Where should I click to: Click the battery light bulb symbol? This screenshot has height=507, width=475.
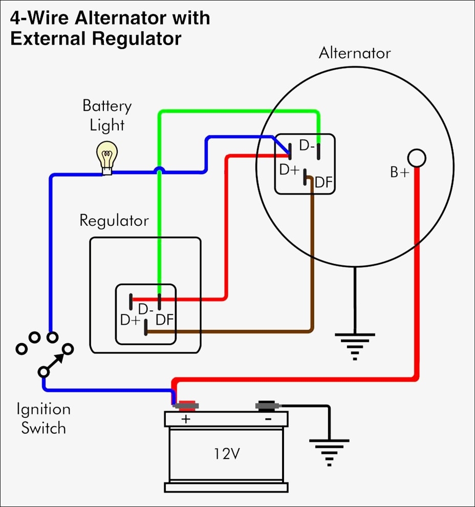[107, 156]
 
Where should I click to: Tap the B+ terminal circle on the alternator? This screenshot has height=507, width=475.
[417, 158]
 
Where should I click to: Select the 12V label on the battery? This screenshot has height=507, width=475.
[226, 454]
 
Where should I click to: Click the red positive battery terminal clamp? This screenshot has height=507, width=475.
[187, 406]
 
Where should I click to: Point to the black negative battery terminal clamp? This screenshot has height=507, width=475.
[267, 406]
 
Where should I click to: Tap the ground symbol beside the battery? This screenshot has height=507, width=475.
[329, 451]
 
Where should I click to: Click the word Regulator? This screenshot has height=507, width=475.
[114, 221]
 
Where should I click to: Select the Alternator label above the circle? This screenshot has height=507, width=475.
[354, 53]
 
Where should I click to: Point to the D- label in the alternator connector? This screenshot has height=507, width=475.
[307, 146]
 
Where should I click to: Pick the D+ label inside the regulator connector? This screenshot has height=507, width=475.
[130, 320]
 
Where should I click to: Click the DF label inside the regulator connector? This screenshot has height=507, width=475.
[165, 320]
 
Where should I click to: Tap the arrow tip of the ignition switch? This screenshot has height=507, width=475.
[64, 352]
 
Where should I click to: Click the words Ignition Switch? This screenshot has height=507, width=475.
[44, 418]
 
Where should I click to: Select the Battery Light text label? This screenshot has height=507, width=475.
[107, 115]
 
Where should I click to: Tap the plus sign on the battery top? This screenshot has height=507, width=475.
[185, 419]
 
